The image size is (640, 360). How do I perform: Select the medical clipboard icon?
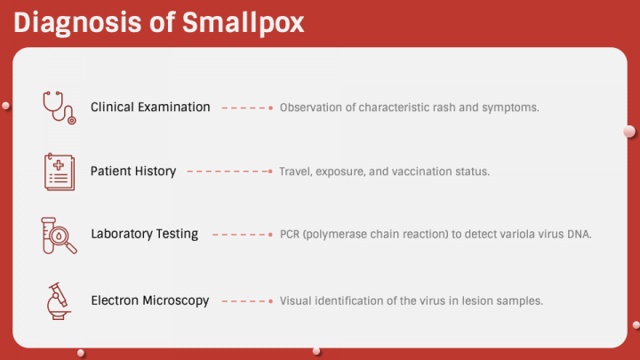[x=59, y=171]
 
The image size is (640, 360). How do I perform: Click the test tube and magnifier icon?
[x=59, y=235]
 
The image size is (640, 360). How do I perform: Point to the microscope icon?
[x=59, y=300]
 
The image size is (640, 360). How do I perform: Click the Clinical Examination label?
[x=150, y=107]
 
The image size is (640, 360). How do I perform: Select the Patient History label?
[x=133, y=171]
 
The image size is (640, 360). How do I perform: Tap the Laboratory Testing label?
[x=144, y=235]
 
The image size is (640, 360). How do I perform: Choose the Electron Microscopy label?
[x=150, y=300]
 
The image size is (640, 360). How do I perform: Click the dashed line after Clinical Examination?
[x=246, y=108]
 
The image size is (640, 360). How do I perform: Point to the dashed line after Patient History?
[x=229, y=172]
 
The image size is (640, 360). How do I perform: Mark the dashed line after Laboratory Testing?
[x=241, y=236]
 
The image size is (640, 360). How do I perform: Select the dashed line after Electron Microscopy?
[x=246, y=301]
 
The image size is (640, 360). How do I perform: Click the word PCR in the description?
[x=290, y=235]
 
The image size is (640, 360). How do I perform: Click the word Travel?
[x=295, y=172]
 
